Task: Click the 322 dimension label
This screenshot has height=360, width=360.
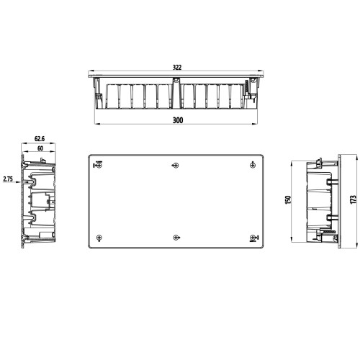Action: click(x=177, y=68)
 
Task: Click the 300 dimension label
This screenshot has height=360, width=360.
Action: click(x=178, y=120)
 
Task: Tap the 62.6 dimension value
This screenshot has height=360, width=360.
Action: click(x=40, y=139)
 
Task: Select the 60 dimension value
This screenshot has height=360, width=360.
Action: click(x=40, y=148)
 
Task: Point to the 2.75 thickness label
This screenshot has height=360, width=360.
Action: click(x=8, y=179)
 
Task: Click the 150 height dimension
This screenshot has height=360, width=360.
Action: click(x=288, y=200)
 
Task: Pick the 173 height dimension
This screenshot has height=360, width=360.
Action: click(x=354, y=199)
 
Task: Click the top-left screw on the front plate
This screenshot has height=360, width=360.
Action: click(x=99, y=166)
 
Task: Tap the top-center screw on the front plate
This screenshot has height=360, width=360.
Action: click(x=176, y=166)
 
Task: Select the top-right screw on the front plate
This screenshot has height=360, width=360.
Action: click(x=253, y=165)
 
